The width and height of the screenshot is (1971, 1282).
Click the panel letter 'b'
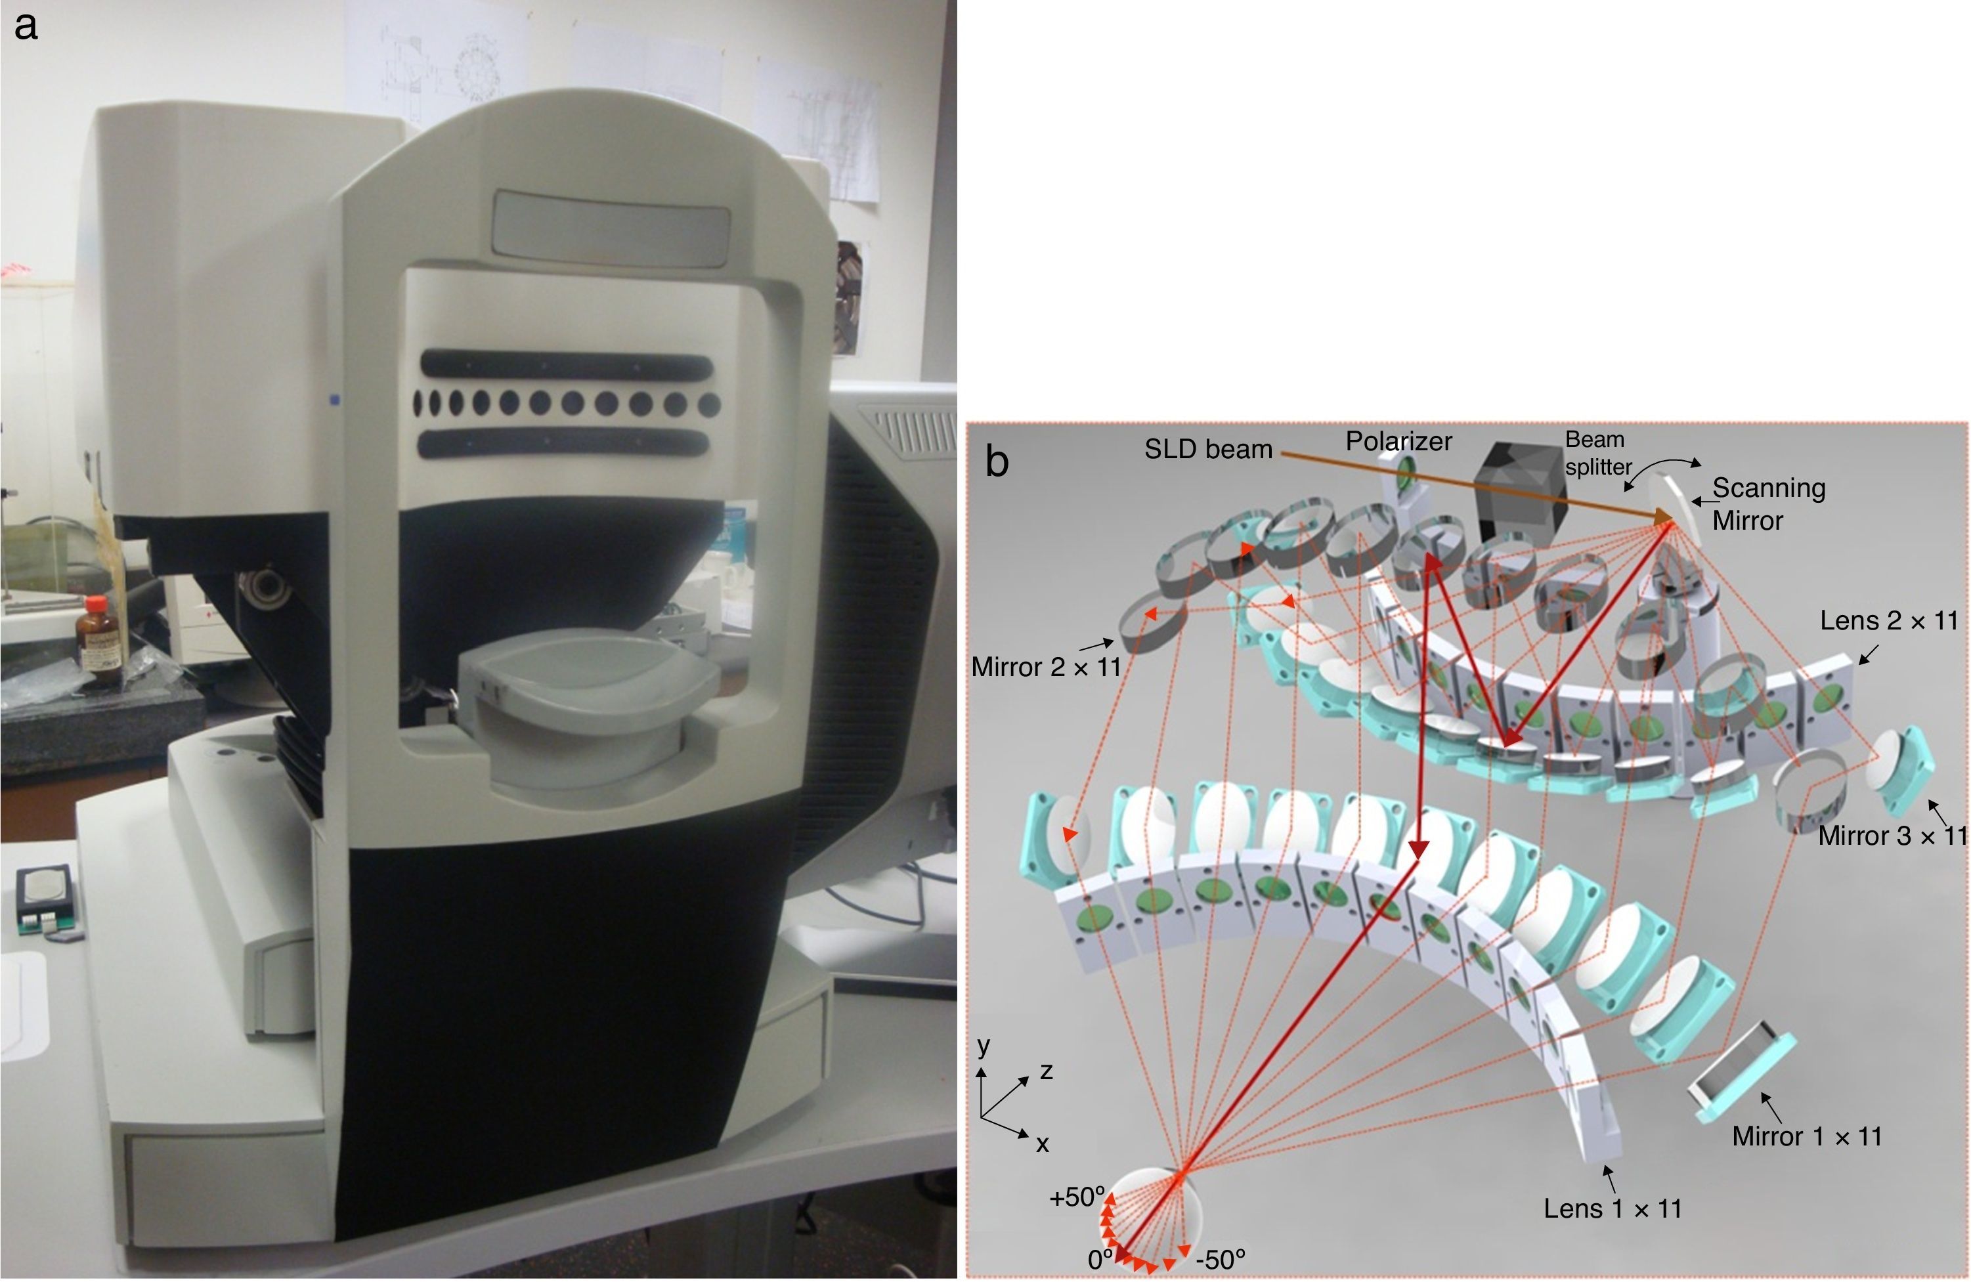point(997,460)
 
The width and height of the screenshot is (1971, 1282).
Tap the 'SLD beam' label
point(1207,449)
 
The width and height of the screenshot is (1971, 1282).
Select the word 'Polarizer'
point(1398,441)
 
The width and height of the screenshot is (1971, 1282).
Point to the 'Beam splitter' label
point(1597,452)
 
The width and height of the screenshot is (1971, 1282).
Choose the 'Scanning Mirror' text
point(1767,503)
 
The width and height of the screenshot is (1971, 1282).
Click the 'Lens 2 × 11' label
point(1888,620)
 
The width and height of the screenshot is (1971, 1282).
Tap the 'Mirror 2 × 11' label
point(1046,667)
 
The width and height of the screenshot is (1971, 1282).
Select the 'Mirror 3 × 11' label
point(1892,836)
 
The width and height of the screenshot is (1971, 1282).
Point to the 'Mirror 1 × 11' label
point(1807,1136)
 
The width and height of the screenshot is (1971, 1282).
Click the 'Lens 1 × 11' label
point(1613,1208)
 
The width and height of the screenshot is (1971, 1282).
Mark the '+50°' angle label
point(1077,1197)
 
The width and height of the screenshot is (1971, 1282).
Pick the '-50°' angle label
point(1220,1260)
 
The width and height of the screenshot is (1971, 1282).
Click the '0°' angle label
point(1100,1260)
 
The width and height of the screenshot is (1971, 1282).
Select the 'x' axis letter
point(1043,1145)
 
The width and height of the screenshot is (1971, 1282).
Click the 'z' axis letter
point(1047,1072)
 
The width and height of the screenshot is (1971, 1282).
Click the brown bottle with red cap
point(99,635)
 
